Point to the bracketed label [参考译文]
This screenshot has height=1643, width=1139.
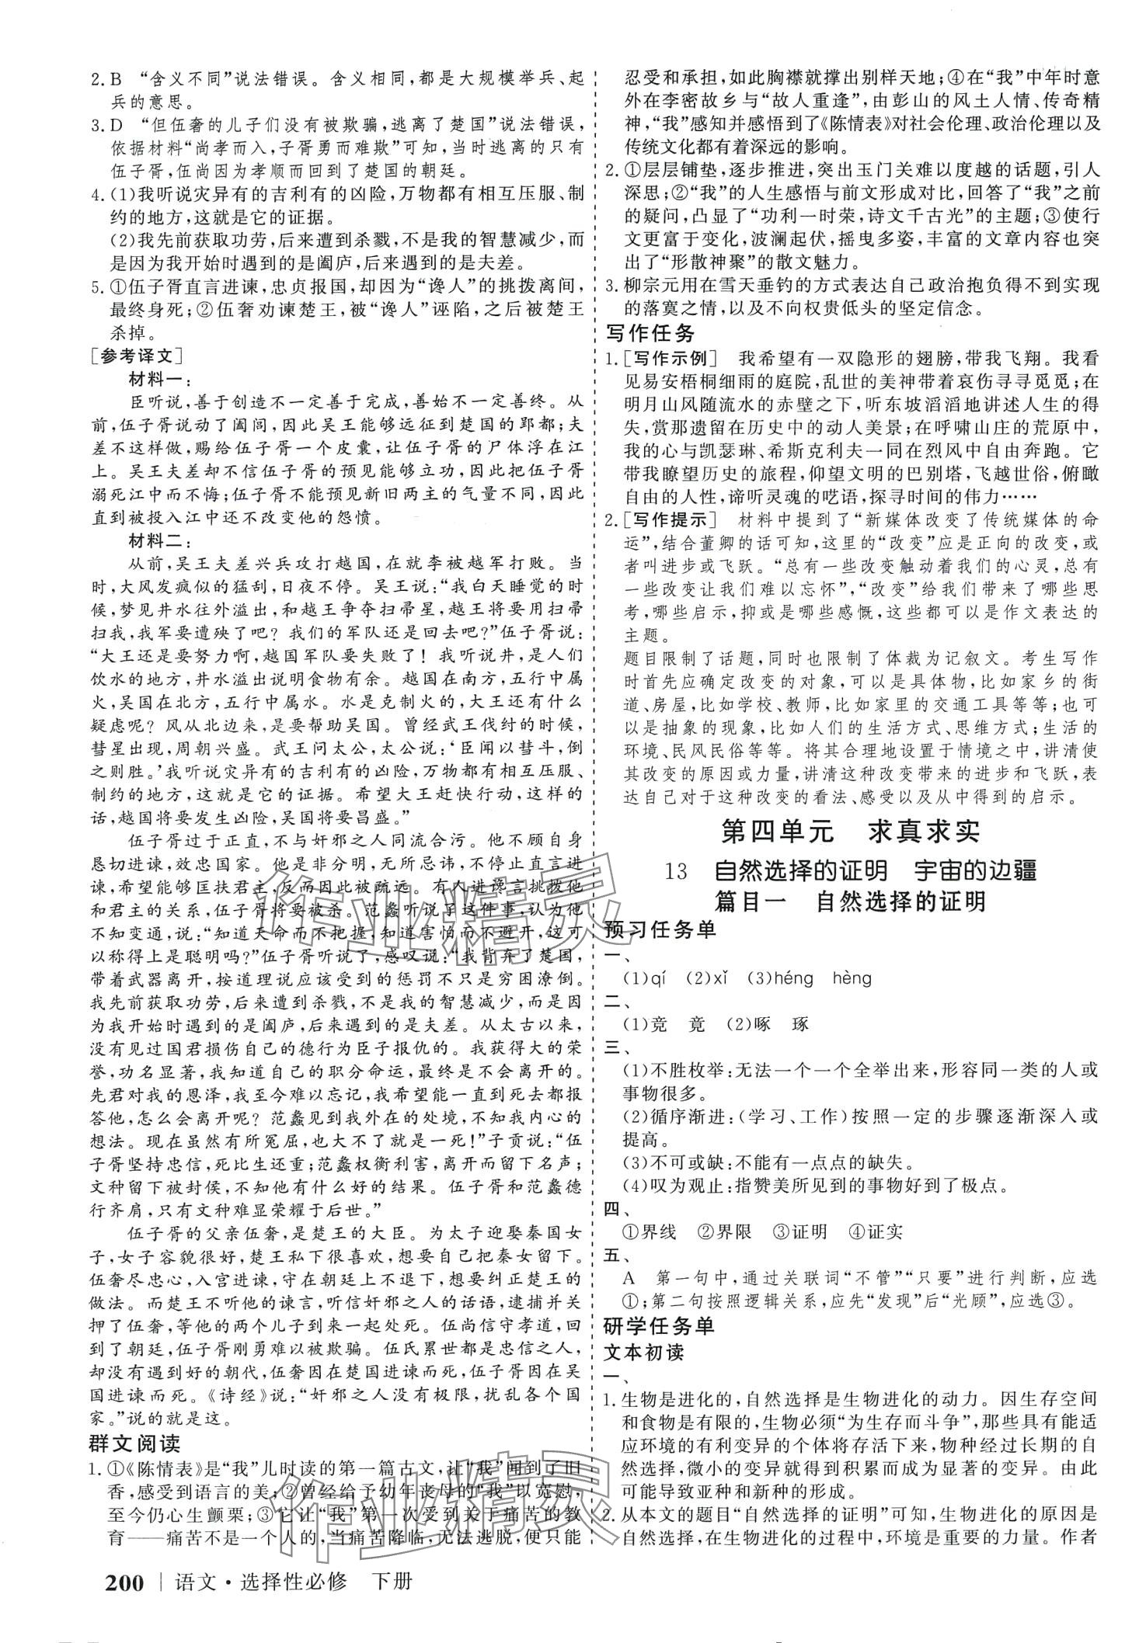point(136,356)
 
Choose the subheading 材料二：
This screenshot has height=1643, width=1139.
point(155,540)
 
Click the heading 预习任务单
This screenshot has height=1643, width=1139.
point(660,929)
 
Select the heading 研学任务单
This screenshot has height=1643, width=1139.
point(660,1325)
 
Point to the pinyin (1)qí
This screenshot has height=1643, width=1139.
point(645,978)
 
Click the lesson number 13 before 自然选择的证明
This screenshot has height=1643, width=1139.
point(677,870)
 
